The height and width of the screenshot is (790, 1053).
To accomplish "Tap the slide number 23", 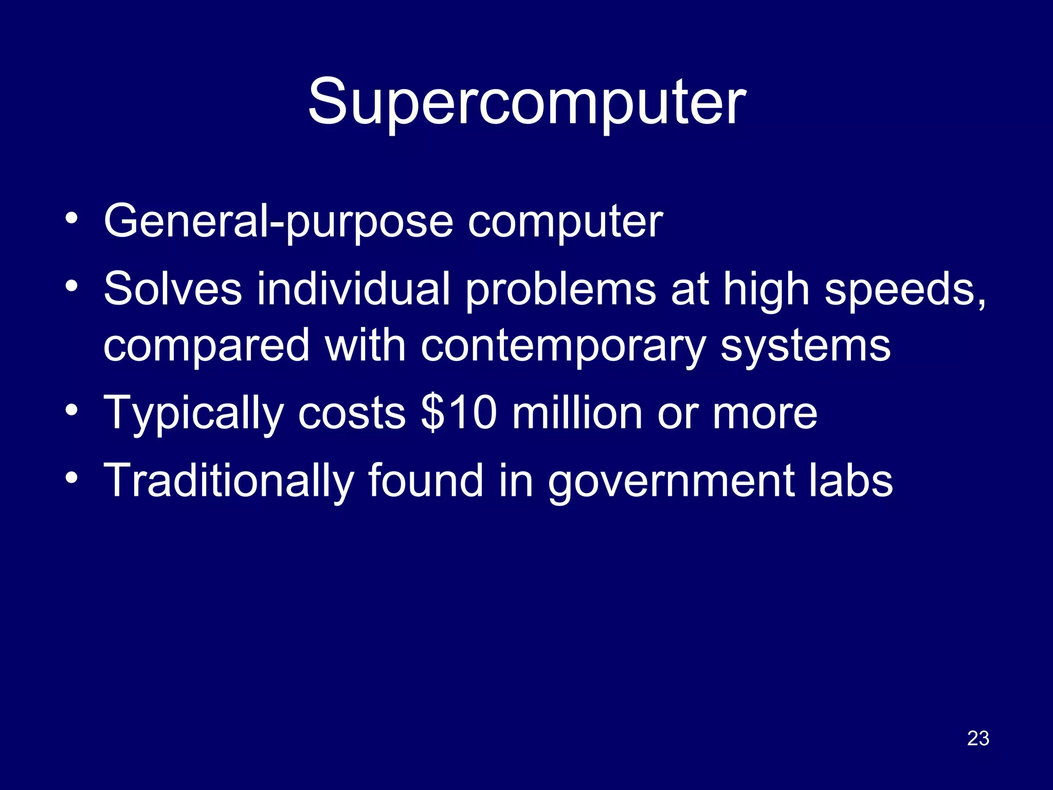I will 978,739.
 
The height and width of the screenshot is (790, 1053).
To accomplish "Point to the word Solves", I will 172,289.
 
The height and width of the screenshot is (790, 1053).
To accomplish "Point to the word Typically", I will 193,414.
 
